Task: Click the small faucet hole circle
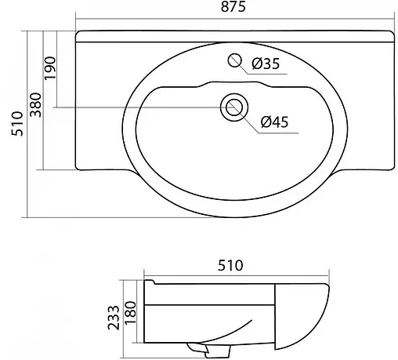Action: [233, 60]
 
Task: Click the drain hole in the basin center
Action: [233, 107]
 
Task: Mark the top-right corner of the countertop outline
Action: [394, 35]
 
